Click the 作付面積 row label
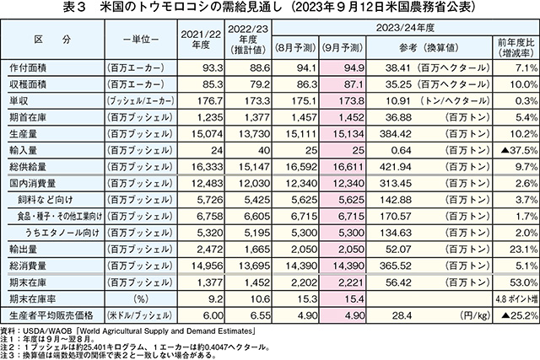tap(30, 67)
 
